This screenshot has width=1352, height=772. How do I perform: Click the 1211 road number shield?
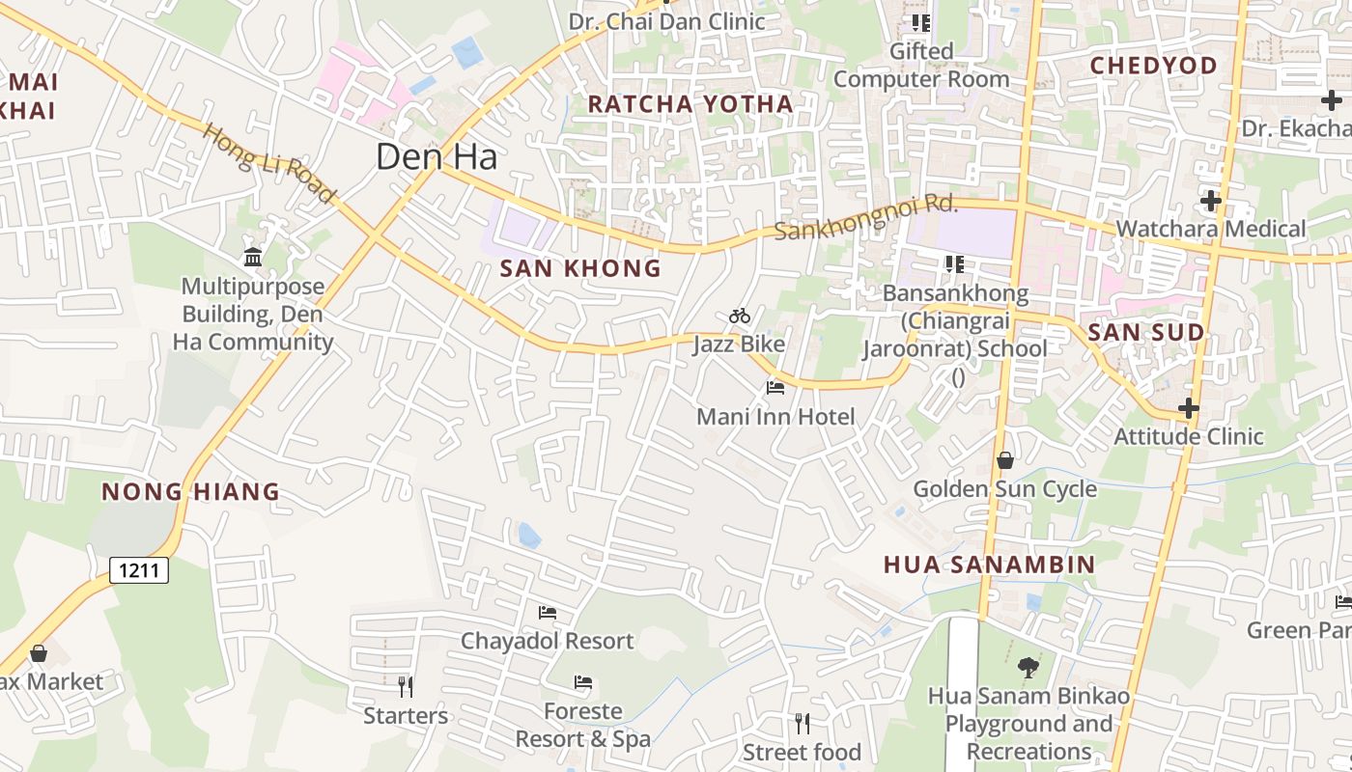(139, 570)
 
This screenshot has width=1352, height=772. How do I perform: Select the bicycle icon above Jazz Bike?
(740, 316)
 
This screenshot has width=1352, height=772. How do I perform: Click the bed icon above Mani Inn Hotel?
(775, 388)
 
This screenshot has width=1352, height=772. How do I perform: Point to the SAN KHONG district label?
(580, 268)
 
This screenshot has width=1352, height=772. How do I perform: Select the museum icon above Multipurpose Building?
(253, 257)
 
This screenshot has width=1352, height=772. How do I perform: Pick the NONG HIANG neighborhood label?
(190, 492)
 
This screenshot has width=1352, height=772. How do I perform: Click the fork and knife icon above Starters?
(406, 687)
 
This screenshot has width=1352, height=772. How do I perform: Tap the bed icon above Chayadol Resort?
(548, 612)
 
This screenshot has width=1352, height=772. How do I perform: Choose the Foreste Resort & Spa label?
(582, 726)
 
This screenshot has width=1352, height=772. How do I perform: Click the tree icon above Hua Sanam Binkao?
(1028, 666)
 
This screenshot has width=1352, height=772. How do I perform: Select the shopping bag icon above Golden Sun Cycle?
(1005, 460)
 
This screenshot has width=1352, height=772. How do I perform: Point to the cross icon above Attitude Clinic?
(1188, 408)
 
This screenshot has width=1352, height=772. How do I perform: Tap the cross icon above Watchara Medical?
(1210, 201)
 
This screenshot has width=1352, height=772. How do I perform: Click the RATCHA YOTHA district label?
(690, 104)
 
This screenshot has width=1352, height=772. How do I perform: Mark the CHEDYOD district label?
(1153, 66)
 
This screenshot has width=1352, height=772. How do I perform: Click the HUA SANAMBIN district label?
(989, 565)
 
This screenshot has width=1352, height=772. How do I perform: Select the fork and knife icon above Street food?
(802, 723)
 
